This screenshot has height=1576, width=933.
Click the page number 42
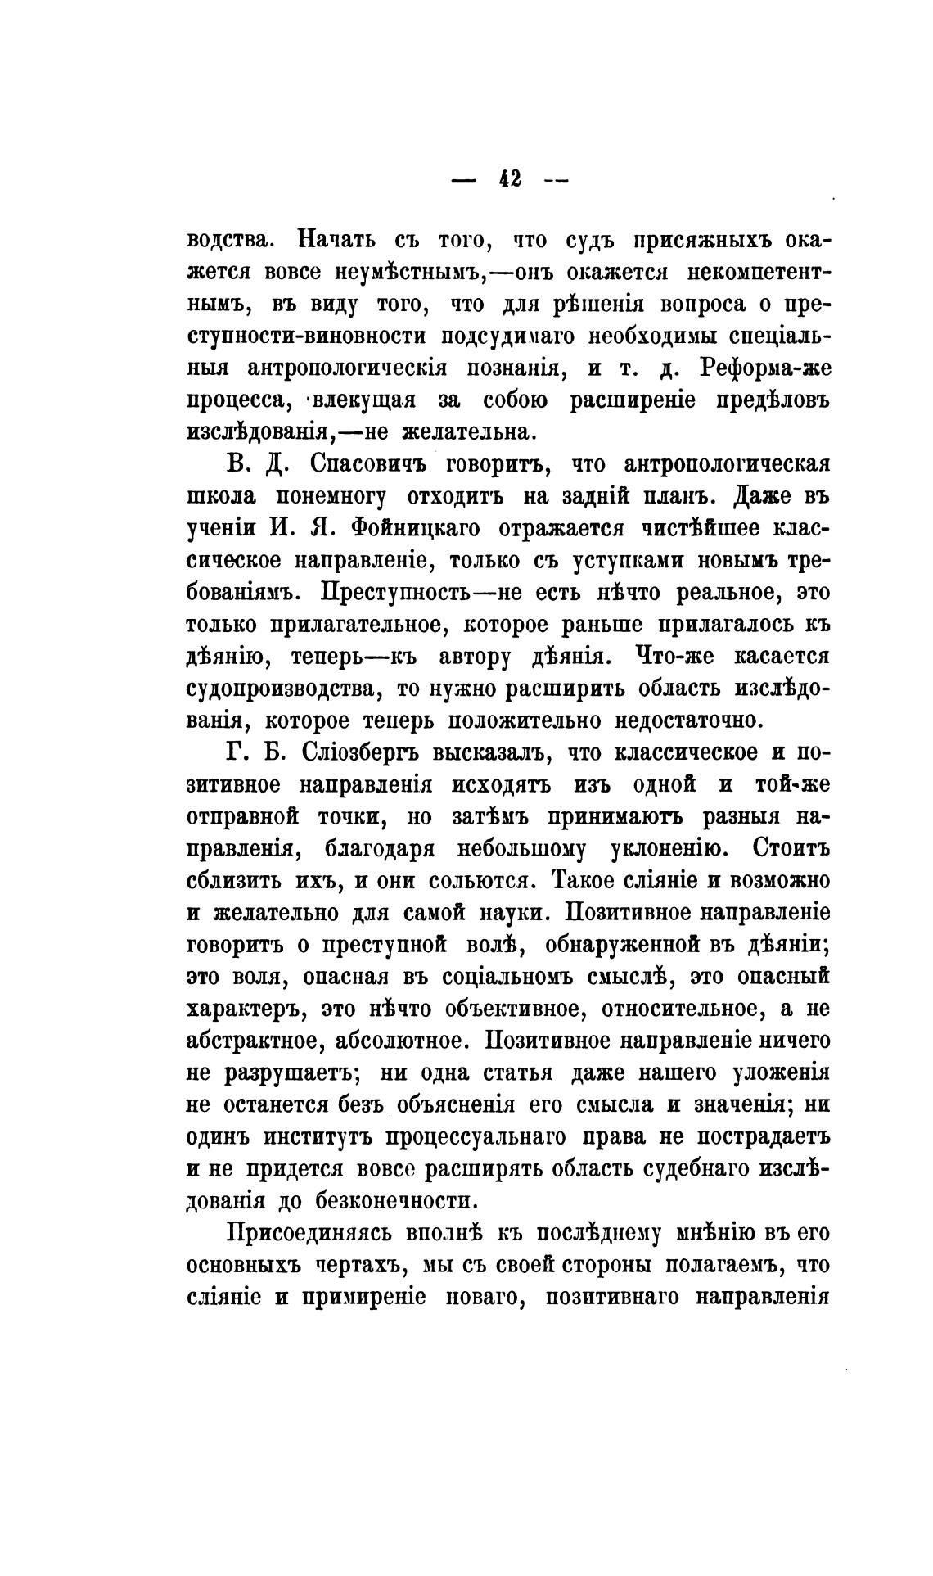coord(510,179)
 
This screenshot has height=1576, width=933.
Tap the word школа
coord(223,497)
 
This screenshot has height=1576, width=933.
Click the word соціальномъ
coord(507,976)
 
